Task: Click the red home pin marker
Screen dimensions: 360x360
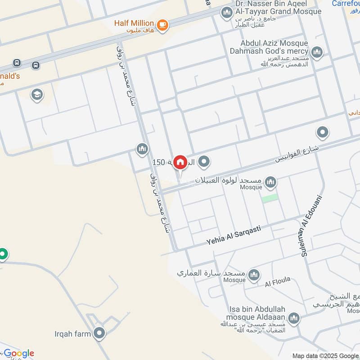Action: pos(180,162)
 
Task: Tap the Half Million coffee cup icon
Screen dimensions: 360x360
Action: pos(163,25)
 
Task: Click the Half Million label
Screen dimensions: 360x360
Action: pos(134,23)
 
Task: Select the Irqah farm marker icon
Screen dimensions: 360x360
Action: pos(99,333)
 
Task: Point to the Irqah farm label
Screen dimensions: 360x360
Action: pos(73,333)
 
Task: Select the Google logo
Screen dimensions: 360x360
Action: pos(18,353)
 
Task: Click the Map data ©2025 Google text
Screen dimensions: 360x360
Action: pos(325,355)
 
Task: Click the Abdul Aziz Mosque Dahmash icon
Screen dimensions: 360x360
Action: pos(317,53)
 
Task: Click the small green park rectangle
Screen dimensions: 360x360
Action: pos(270,198)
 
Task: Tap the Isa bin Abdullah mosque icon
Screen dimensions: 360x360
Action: pos(294,319)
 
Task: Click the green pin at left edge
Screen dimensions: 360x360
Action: pos(3,255)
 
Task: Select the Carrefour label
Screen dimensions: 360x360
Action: pos(346,4)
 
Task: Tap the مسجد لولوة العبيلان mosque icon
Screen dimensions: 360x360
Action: pos(270,182)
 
